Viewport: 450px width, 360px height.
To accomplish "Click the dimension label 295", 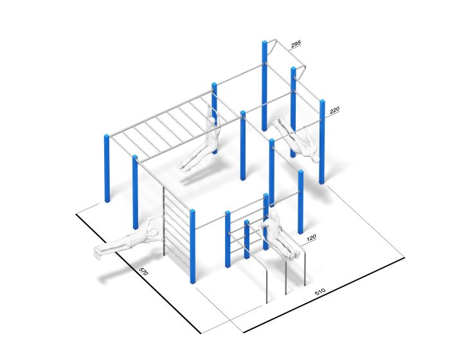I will [x=296, y=44].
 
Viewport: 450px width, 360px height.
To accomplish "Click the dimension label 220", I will [x=334, y=111].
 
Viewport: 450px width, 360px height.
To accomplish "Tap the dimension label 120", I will [x=311, y=238].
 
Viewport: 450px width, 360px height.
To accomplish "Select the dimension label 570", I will [x=143, y=272].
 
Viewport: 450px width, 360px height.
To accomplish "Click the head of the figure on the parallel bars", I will [x=274, y=213].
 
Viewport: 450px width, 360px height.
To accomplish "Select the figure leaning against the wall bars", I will [x=129, y=239].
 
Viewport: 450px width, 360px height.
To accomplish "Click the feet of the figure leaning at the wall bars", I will [x=96, y=253].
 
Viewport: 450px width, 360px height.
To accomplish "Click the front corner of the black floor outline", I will [x=244, y=332].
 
